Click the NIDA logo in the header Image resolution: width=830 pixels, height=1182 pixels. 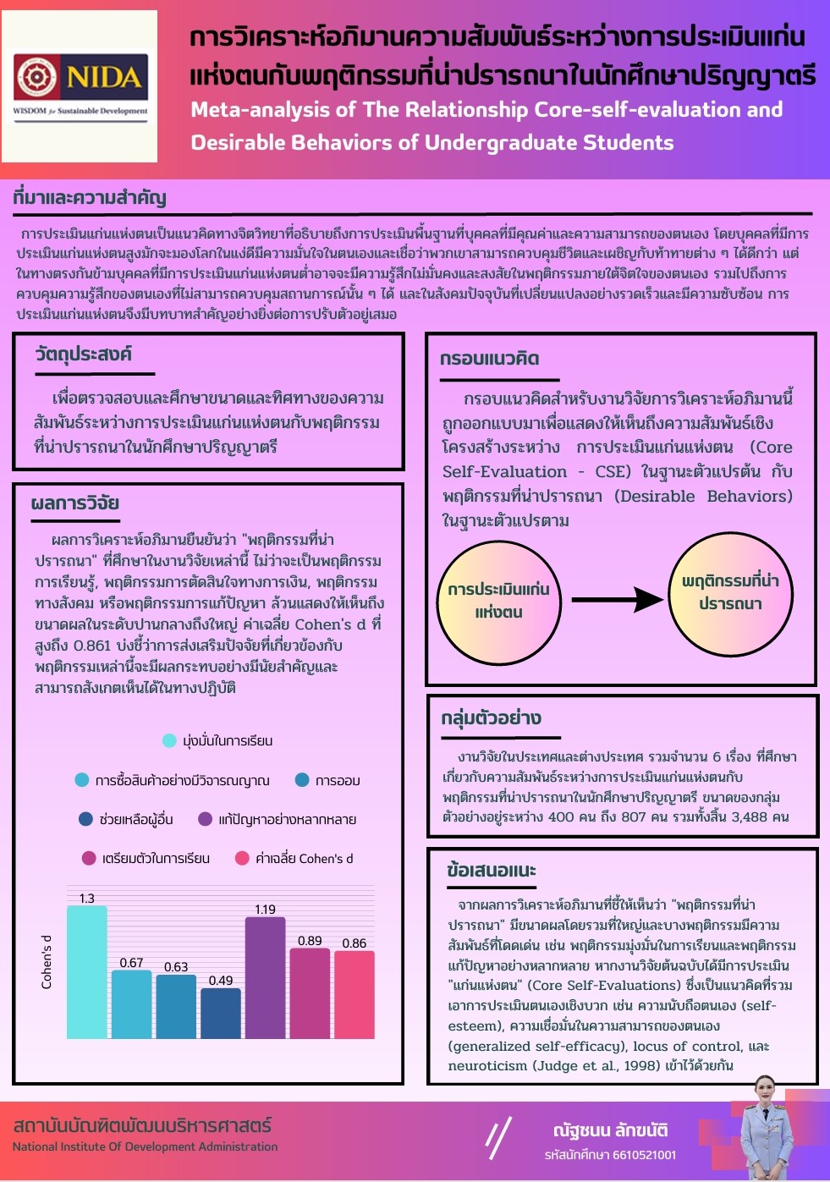click(80, 85)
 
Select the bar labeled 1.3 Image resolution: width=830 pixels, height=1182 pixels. click(87, 973)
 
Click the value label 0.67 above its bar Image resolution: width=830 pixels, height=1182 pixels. click(131, 963)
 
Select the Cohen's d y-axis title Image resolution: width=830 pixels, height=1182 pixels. click(47, 962)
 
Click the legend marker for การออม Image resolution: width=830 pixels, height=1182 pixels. click(302, 780)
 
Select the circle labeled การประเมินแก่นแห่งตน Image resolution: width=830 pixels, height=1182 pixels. click(499, 601)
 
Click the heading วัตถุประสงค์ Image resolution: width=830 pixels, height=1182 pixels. click(83, 355)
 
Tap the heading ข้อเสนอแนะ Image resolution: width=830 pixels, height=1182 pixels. click(491, 871)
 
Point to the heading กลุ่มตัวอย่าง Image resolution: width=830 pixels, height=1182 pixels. click(491, 718)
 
